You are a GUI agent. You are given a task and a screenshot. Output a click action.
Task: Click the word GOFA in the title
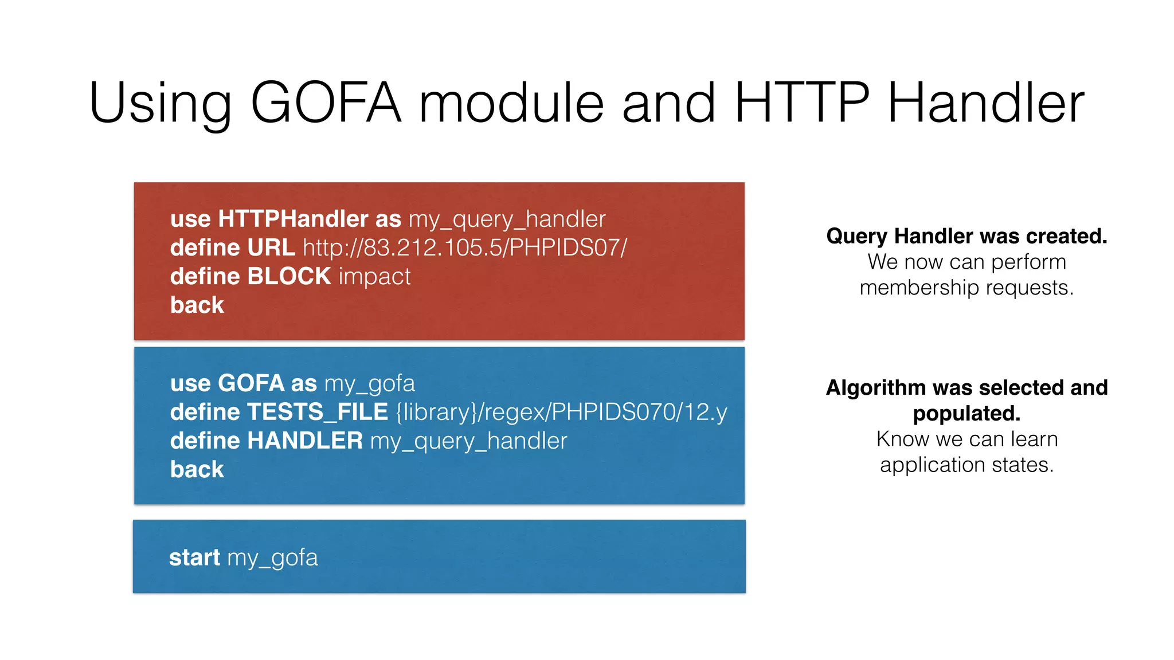(x=326, y=103)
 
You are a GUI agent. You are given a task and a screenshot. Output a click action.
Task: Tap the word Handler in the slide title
(x=985, y=103)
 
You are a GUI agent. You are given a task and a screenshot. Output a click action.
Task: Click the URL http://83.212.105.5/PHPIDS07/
(x=465, y=247)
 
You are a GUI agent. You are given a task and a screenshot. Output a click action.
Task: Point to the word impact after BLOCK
(x=375, y=276)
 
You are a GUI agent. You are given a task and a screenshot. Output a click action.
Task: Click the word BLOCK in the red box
(x=289, y=276)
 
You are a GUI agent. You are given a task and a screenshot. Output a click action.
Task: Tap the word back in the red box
(x=197, y=305)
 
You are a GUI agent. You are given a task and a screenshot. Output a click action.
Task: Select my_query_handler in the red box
(x=507, y=219)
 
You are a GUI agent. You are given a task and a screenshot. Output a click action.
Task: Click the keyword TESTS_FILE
(x=318, y=412)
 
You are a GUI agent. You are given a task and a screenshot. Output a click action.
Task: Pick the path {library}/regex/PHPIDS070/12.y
(x=561, y=412)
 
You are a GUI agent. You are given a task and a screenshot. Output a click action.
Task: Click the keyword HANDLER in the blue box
(x=305, y=441)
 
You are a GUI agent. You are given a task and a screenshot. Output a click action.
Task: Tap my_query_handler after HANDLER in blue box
(x=468, y=441)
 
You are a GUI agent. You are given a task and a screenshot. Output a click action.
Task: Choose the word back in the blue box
(x=197, y=469)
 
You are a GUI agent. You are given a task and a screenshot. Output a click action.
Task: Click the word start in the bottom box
(x=194, y=557)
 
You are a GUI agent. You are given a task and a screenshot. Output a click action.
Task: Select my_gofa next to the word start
(x=272, y=557)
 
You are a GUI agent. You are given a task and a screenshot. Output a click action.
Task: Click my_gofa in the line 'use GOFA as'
(x=369, y=383)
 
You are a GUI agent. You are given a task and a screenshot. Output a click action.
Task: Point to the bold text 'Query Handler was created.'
(x=966, y=236)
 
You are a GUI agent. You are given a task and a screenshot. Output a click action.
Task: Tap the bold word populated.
(x=966, y=413)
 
